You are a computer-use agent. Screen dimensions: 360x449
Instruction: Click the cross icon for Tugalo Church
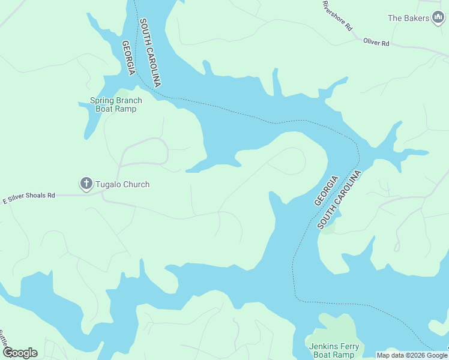pyautogui.click(x=86, y=183)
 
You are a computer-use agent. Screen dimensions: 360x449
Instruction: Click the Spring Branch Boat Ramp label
pyautogui.click(x=116, y=105)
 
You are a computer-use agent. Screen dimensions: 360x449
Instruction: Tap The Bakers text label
pyautogui.click(x=408, y=18)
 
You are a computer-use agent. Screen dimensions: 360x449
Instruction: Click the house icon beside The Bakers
pyautogui.click(x=439, y=18)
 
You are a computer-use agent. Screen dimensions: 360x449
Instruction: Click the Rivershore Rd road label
pyautogui.click(x=337, y=16)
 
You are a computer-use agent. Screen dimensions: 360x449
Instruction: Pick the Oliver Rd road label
pyautogui.click(x=376, y=43)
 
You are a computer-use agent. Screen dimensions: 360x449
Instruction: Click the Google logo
pyautogui.click(x=20, y=353)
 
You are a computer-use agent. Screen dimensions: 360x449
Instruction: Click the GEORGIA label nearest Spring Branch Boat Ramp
pyautogui.click(x=128, y=58)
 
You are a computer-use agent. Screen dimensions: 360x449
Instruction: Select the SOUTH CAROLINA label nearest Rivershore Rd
pyautogui.click(x=151, y=53)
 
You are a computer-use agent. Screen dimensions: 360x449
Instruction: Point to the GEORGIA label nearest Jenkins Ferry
pyautogui.click(x=326, y=191)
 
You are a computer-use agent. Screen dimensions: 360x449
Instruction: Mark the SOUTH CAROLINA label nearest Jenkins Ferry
pyautogui.click(x=340, y=200)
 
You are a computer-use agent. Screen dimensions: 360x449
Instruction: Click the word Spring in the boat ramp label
pyautogui.click(x=102, y=101)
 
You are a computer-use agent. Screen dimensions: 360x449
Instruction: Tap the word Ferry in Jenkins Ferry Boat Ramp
pyautogui.click(x=348, y=347)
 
